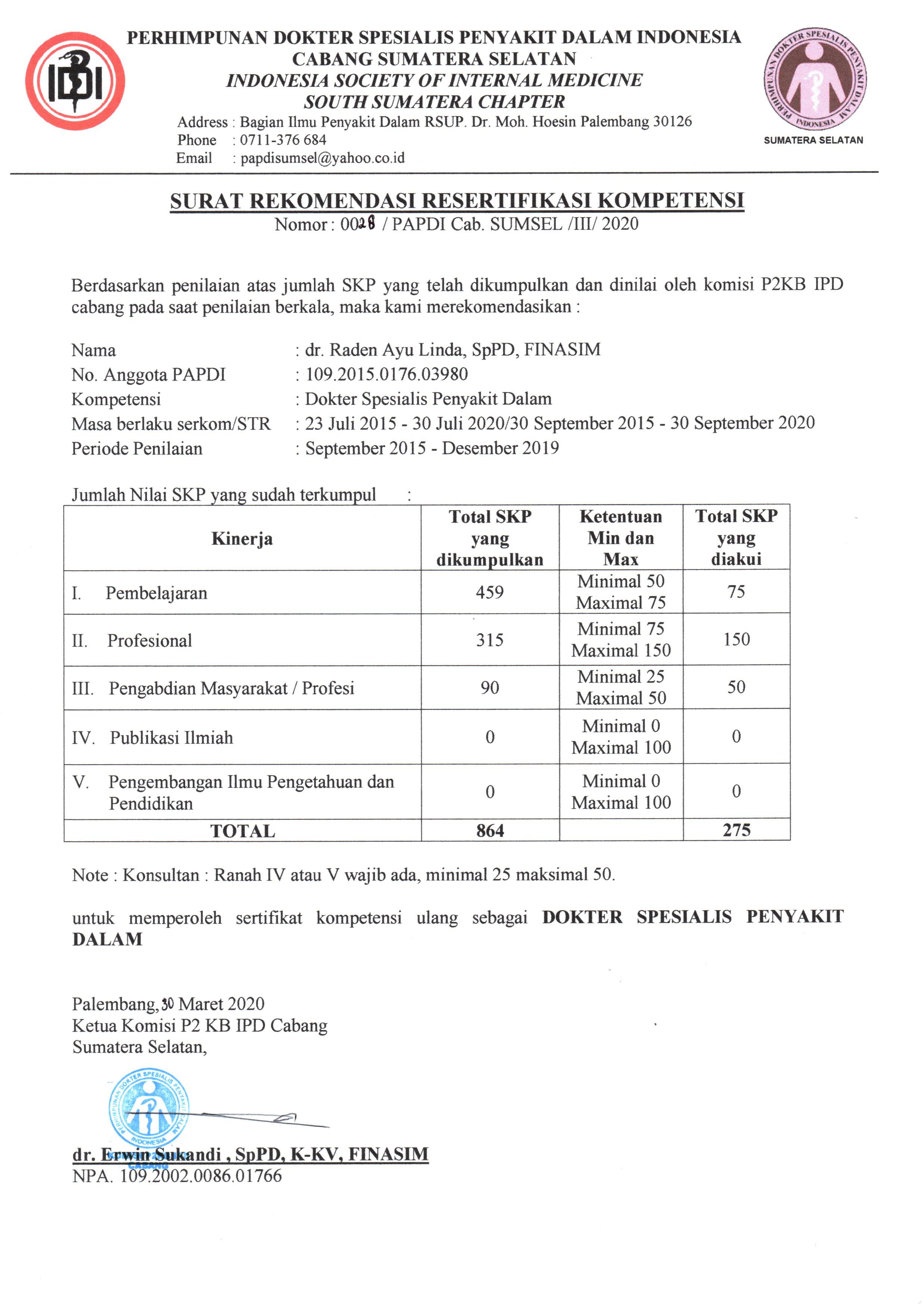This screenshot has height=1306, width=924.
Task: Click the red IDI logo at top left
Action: [75, 81]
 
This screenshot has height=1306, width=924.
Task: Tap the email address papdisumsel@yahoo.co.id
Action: [322, 158]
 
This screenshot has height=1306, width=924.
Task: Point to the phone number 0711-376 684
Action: [283, 140]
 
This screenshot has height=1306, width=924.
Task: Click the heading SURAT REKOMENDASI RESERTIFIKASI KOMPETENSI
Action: [457, 201]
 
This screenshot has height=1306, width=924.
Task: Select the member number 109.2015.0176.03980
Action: [386, 374]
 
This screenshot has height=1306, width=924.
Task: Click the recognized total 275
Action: [736, 830]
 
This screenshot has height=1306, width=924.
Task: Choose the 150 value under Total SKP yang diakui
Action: [736, 639]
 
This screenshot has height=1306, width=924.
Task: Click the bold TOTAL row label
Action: [242, 831]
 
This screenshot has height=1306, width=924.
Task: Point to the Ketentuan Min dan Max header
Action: [621, 538]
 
